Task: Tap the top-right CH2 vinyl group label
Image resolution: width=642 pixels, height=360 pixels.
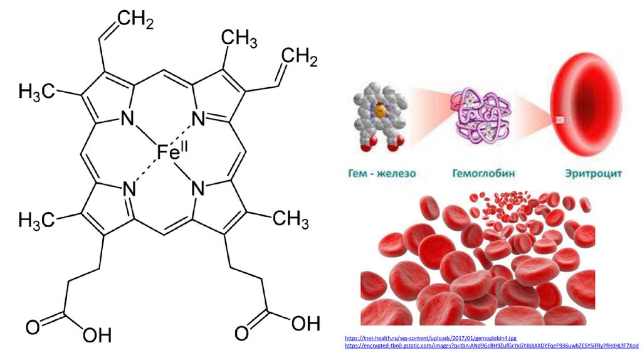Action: [x=299, y=58]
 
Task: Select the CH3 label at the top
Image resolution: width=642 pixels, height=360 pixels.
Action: [x=238, y=40]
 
